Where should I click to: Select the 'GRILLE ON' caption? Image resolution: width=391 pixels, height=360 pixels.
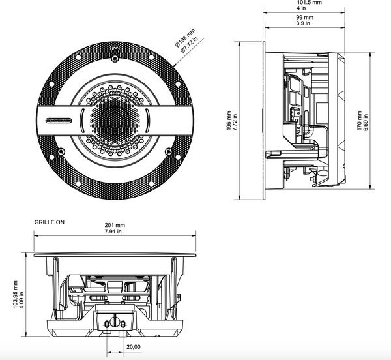tap(50, 222)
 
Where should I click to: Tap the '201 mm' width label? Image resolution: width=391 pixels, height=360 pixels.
tap(115, 226)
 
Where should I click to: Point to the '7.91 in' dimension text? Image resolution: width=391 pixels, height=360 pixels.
tap(115, 234)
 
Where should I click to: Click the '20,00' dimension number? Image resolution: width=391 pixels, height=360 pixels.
tap(134, 347)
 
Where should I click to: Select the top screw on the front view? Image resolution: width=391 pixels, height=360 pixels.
tap(115, 57)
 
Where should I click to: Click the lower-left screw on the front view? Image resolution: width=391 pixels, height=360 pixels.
tap(60, 153)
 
